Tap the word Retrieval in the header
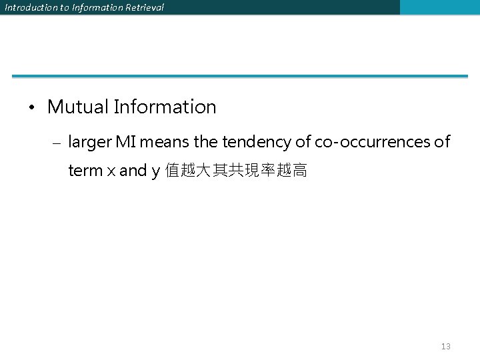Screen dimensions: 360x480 coord(143,7)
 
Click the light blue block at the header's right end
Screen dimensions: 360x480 coord(439,7)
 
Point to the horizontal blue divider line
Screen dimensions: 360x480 coord(240,76)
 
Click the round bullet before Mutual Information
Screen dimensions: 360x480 coord(31,107)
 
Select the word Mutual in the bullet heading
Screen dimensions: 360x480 coord(77,107)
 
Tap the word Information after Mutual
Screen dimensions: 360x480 coord(165,107)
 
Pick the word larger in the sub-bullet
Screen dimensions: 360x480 coord(90,143)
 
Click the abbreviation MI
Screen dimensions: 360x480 coord(126,142)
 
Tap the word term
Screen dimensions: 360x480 coord(85,171)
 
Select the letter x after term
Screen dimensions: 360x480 coord(110,171)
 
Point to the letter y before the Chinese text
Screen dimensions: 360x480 coord(155,172)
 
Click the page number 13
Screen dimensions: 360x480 coord(446,346)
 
